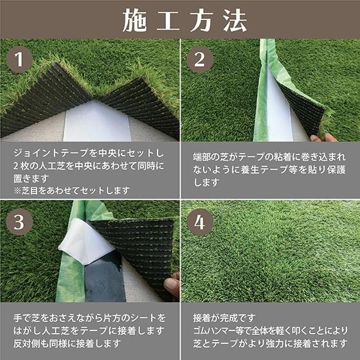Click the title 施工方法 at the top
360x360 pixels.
pyautogui.click(x=180, y=20)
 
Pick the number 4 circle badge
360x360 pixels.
pyautogui.click(x=200, y=222)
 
